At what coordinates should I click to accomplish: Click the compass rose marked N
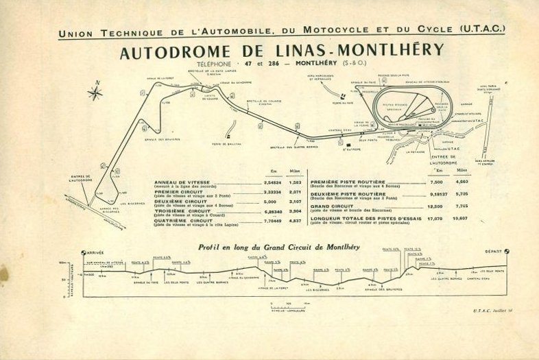(x=95, y=93)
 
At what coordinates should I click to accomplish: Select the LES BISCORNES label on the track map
(x=132, y=203)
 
